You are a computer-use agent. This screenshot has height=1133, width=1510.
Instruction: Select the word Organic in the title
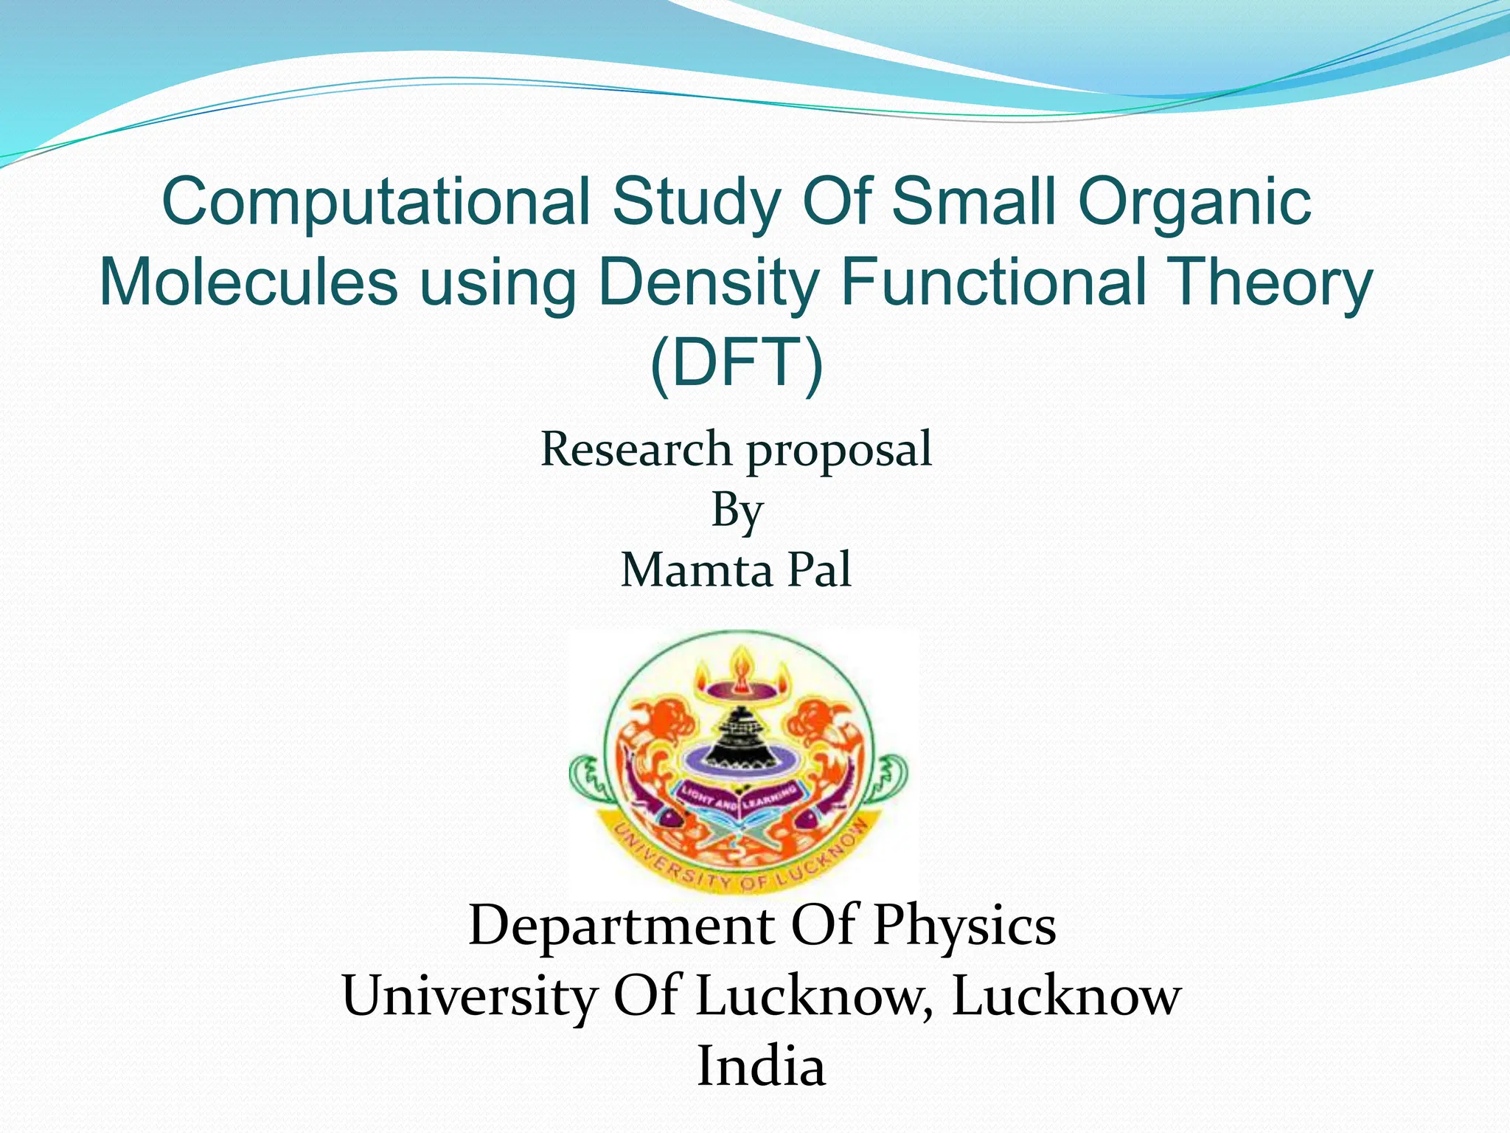pos(1194,203)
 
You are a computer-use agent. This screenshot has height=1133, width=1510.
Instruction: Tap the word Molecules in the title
pos(248,283)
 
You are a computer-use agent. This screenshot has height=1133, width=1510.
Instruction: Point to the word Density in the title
pos(708,283)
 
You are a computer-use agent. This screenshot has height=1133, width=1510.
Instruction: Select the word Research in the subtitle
pos(636,449)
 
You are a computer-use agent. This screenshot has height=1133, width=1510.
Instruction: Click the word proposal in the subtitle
pos(840,451)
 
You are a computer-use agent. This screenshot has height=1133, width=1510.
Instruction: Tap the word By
pos(736,510)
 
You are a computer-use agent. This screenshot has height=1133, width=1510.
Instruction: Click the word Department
pos(621,926)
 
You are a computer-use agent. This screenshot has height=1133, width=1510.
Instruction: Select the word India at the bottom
pos(761,1067)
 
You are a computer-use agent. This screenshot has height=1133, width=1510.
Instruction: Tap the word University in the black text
pos(469,997)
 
